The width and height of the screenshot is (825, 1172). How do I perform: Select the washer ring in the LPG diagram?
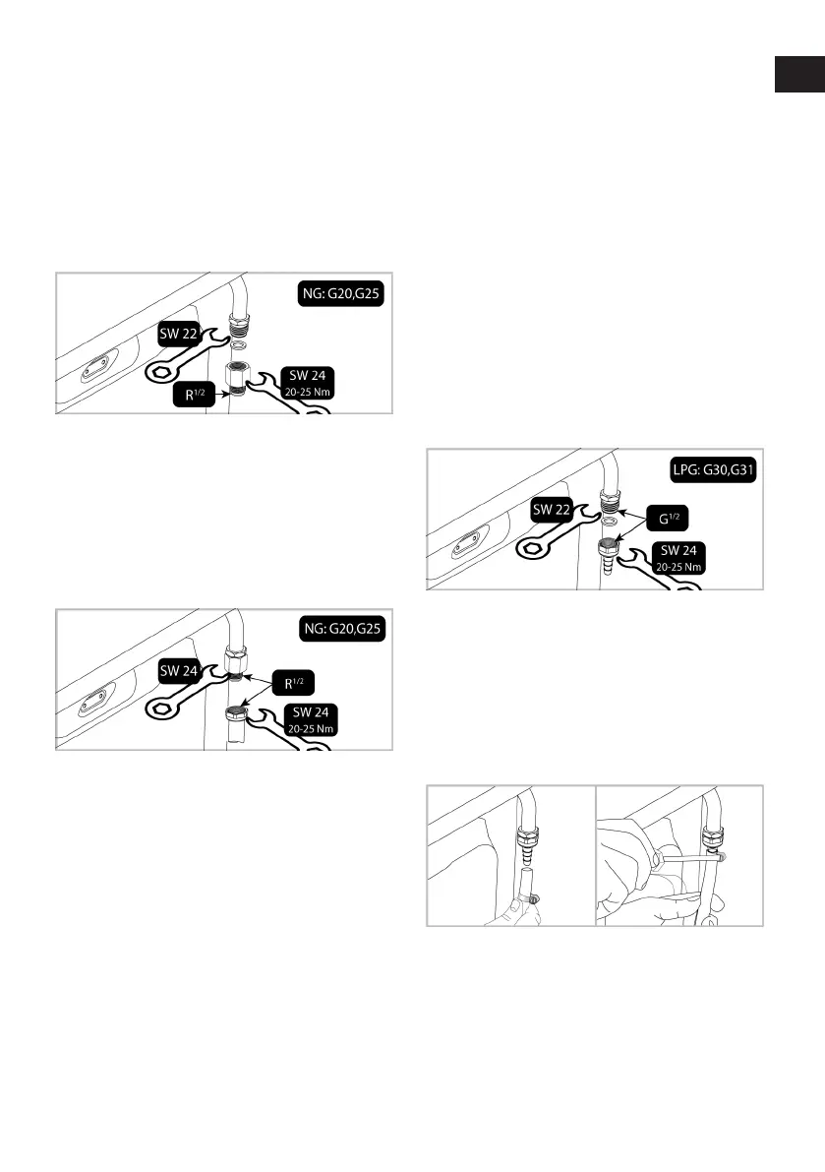(609, 521)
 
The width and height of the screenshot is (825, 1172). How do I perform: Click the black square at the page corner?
(798, 75)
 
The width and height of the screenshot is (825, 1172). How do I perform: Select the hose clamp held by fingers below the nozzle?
(531, 899)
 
